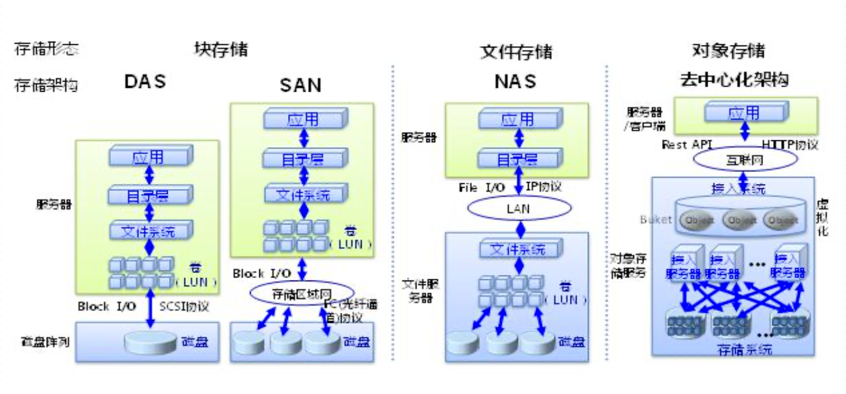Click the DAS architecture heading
click(x=145, y=82)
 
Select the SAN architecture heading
click(x=301, y=85)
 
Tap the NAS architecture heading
click(x=516, y=82)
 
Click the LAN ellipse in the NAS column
click(x=518, y=209)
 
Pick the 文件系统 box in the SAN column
click(x=303, y=194)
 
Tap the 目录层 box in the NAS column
click(x=517, y=160)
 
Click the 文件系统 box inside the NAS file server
click(x=517, y=250)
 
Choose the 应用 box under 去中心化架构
click(x=744, y=113)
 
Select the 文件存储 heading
click(x=516, y=52)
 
